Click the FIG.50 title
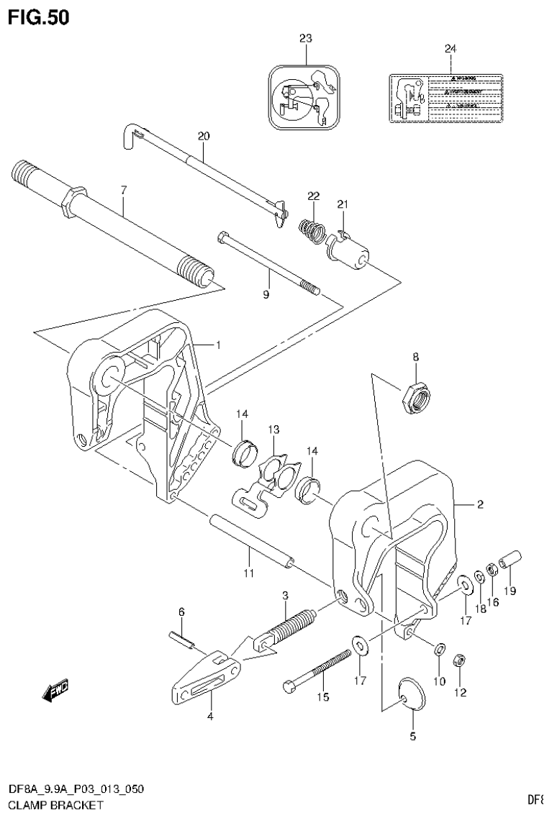point(39,17)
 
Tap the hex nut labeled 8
point(415,396)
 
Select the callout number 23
point(306,38)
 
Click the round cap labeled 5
point(410,691)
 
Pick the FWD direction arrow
point(55,692)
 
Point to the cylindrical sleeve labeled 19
point(510,559)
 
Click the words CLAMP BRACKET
point(49,805)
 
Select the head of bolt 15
point(291,686)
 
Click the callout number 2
point(480,505)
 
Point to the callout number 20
point(203,135)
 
